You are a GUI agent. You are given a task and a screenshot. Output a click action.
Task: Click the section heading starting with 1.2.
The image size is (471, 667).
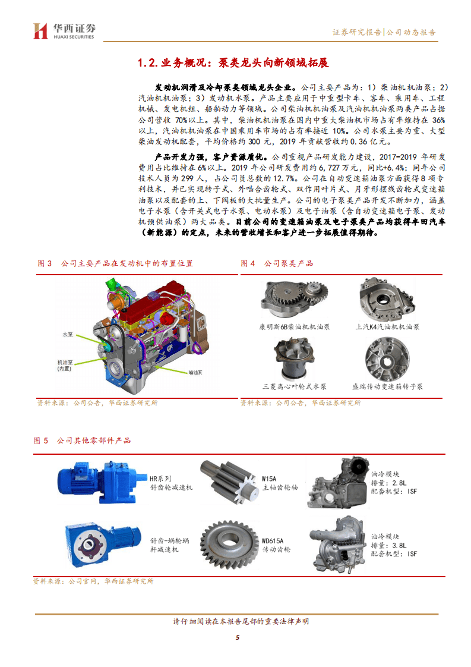(233, 63)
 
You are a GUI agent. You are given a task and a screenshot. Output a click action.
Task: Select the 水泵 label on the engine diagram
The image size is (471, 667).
(68, 335)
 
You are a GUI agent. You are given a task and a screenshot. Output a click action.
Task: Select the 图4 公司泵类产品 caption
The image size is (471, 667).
(277, 263)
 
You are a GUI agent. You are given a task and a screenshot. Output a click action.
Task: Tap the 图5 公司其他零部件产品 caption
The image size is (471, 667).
(83, 441)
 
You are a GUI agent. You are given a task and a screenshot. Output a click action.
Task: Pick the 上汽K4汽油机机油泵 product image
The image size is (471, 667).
(387, 300)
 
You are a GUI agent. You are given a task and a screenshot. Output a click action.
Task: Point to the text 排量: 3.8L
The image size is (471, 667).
(389, 545)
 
